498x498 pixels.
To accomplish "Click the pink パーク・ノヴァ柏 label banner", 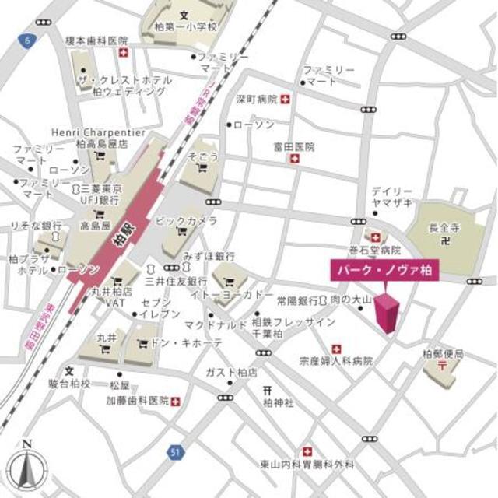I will pyautogui.click(x=382, y=269).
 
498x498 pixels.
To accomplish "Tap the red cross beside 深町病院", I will pyautogui.click(x=286, y=100).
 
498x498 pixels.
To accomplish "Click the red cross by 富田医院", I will pyautogui.click(x=294, y=159).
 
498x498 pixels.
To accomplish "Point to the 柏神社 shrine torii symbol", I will pyautogui.click(x=266, y=390).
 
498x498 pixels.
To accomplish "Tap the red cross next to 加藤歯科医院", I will pyautogui.click(x=175, y=401).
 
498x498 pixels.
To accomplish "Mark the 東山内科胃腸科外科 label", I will pyautogui.click(x=307, y=465).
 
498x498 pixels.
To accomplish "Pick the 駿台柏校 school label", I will pyautogui.click(x=68, y=384).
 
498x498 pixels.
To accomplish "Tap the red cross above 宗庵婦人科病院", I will pyautogui.click(x=336, y=349).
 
